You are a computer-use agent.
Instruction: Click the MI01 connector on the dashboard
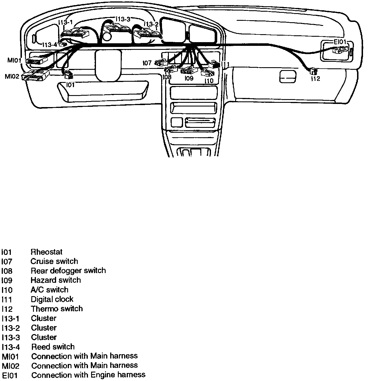point(36,61)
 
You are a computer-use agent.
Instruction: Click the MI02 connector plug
point(36,76)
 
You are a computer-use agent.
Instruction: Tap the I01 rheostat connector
point(69,75)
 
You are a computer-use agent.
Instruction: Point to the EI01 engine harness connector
point(340,50)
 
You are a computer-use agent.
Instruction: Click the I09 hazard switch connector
point(189,69)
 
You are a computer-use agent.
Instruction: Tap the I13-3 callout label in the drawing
point(123,19)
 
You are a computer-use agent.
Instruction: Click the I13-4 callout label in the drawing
point(50,45)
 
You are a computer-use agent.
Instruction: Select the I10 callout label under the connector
point(209,81)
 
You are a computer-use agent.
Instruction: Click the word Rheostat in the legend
point(46,252)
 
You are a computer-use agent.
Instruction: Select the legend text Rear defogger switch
point(68,271)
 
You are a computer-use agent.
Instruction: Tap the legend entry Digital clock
point(52,299)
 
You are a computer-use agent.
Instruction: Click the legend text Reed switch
point(53,347)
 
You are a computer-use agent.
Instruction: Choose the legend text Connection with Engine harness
point(88,375)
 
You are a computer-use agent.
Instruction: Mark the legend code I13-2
point(11,328)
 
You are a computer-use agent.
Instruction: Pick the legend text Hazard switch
point(56,280)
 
